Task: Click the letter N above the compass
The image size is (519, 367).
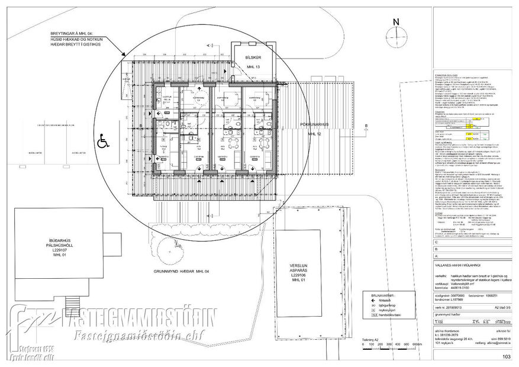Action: tap(397, 22)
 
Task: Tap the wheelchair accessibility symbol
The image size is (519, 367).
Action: tap(102, 141)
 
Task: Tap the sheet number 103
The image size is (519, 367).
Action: tap(506, 356)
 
